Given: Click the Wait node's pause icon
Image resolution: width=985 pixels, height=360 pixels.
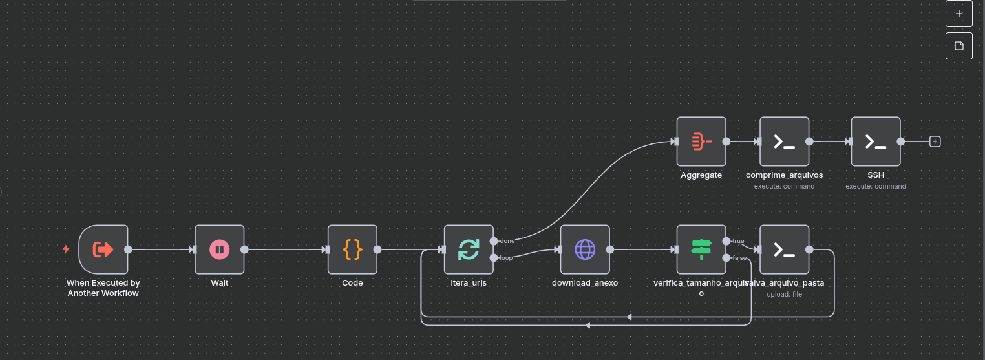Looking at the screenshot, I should [220, 249].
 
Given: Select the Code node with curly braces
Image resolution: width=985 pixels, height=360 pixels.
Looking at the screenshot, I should [352, 249].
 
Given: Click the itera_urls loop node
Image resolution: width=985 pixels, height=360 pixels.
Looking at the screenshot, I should [469, 249].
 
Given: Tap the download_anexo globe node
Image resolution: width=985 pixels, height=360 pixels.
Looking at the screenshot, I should [585, 249].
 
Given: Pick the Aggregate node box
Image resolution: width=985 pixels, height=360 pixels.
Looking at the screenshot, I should [701, 142].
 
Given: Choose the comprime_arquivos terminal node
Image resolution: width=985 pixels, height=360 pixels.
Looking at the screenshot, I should [785, 142].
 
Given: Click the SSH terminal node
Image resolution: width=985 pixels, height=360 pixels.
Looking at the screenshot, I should [876, 142].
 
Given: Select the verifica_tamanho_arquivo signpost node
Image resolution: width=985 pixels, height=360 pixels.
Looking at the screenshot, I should [701, 249].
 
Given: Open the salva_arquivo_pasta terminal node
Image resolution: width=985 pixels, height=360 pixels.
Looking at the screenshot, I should [785, 249].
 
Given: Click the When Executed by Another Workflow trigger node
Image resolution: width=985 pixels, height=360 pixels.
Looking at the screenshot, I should [103, 249].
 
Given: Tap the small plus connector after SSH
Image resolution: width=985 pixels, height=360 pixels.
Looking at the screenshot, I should [935, 142].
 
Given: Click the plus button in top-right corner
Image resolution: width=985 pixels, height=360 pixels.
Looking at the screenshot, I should [959, 14].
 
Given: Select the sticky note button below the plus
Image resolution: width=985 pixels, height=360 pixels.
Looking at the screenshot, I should [959, 46].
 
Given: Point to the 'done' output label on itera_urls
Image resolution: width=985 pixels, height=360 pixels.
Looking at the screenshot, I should [507, 241].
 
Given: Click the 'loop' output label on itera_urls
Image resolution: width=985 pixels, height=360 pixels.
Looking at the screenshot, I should [506, 258].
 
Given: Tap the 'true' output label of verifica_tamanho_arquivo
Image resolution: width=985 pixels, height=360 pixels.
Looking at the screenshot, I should [738, 241].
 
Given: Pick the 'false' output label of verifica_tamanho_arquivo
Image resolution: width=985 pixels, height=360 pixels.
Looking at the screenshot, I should [739, 258].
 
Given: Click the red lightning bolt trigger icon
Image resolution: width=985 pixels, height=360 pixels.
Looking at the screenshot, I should [65, 249].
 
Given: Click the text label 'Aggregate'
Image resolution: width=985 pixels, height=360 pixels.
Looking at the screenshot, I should [701, 175].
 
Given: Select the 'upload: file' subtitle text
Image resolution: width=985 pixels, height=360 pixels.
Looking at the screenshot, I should [785, 294].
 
